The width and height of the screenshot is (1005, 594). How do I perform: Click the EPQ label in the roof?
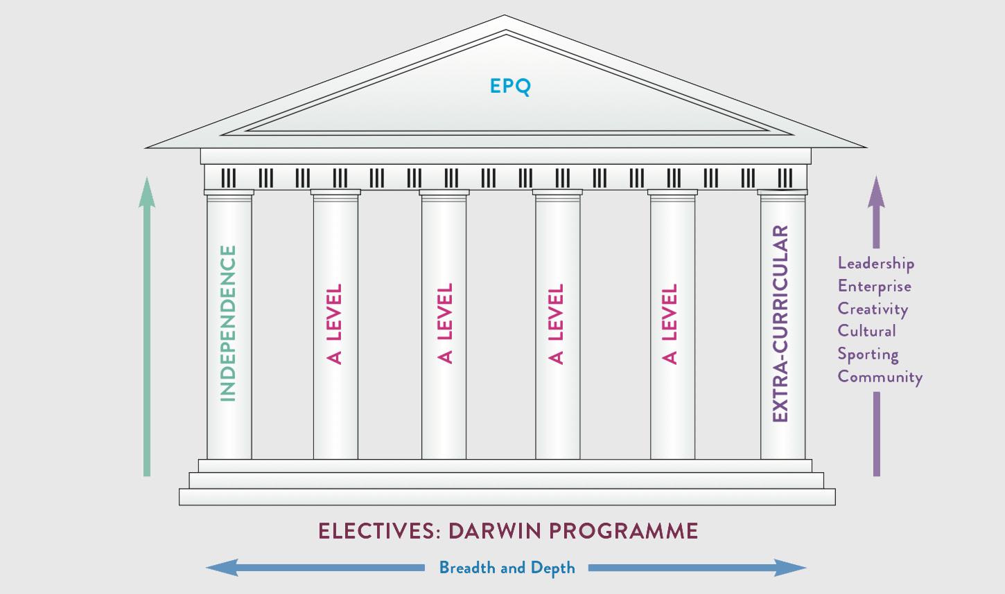point(509,87)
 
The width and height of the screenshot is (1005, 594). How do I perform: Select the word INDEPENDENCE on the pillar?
point(228,323)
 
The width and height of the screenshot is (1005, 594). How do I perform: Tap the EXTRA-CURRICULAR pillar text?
point(780,323)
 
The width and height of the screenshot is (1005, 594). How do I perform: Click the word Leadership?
point(875,263)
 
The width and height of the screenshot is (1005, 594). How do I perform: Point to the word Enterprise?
point(874,287)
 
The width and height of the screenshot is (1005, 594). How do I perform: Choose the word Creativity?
point(872,309)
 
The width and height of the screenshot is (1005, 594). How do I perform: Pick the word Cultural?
point(866,331)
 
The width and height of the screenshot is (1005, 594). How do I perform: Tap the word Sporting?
point(868,354)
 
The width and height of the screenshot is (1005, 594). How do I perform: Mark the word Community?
point(880,377)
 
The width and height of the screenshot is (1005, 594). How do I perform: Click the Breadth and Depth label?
point(507,568)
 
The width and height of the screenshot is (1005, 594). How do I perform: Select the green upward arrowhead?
point(146,192)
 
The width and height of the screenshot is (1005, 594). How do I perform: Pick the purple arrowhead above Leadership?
point(876,192)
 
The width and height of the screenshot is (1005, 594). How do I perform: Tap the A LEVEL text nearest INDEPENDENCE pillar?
point(335,323)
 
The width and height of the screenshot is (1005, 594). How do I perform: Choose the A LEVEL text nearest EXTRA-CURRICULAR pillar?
point(670,323)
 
